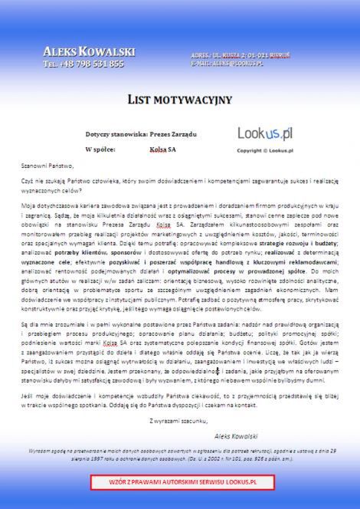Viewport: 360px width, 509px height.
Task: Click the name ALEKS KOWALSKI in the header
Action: [89, 51]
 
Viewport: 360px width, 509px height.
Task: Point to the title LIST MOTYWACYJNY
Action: [179, 100]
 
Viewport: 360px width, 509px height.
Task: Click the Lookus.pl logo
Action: [265, 134]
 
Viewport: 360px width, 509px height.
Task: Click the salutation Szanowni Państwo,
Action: [47, 166]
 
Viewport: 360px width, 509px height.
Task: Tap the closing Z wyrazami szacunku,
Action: [178, 421]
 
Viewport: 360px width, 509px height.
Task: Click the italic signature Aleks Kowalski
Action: [238, 434]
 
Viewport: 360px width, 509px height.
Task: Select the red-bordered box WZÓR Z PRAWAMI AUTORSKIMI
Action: [180, 483]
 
